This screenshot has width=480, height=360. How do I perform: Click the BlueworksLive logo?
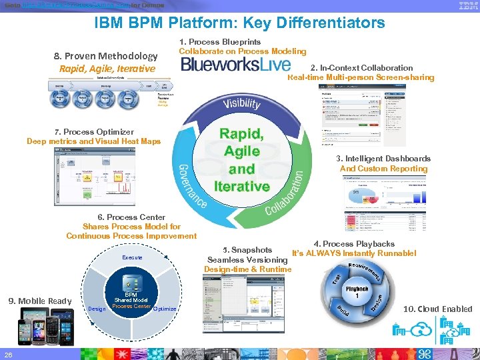[236, 64]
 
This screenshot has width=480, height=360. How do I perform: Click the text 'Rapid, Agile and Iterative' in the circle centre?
[241, 159]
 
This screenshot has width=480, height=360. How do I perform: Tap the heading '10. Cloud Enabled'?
[438, 309]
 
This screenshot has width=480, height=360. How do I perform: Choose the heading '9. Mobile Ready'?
[39, 301]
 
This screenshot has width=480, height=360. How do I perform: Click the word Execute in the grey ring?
[132, 257]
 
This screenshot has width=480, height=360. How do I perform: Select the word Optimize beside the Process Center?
[164, 309]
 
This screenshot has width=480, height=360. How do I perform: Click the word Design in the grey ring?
[97, 309]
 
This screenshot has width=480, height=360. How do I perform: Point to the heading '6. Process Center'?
[131, 217]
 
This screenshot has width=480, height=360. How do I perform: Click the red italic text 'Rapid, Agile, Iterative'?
[107, 69]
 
